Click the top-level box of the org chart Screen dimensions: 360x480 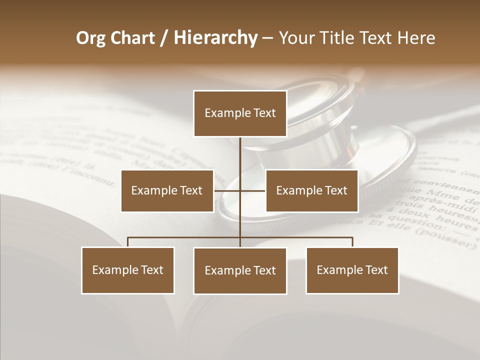click(x=240, y=113)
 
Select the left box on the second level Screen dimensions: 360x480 click(x=167, y=190)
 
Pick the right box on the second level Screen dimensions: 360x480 click(x=311, y=190)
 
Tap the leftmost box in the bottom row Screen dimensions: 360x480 click(x=128, y=270)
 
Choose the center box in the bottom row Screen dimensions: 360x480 click(x=240, y=270)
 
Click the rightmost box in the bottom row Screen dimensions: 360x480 click(x=352, y=270)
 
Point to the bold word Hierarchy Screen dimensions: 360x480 click(x=215, y=38)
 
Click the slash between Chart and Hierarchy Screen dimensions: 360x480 click(x=164, y=38)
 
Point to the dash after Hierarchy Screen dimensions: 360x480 click(x=267, y=38)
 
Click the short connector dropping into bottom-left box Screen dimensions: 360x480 click(x=128, y=242)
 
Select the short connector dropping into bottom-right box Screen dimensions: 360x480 click(x=352, y=242)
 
